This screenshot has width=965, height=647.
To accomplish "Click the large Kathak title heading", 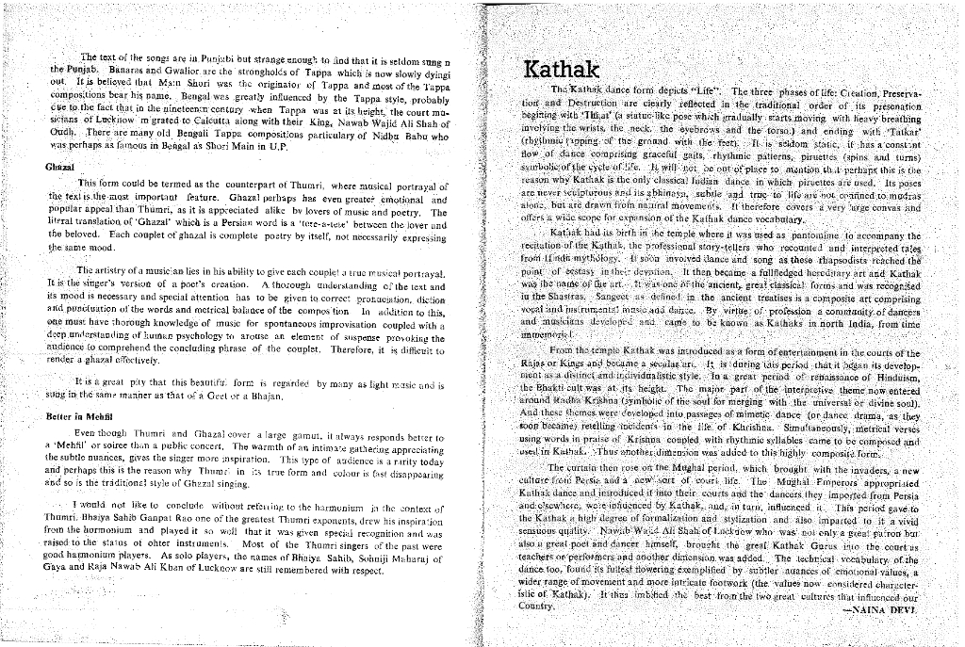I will click(x=562, y=71).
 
